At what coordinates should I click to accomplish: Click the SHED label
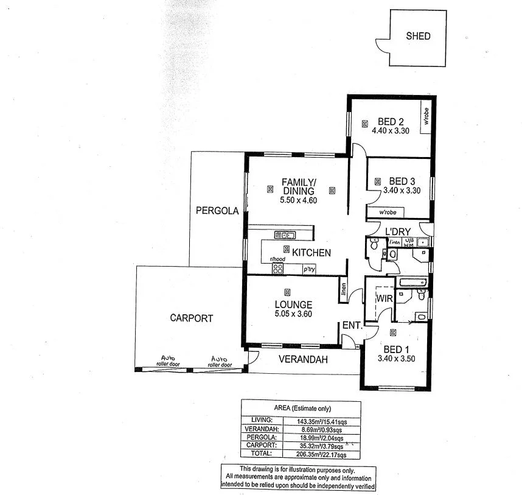point(418,36)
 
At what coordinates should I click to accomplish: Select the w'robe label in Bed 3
point(388,212)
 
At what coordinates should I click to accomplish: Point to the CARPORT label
point(191,318)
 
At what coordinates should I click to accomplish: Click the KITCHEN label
point(311,253)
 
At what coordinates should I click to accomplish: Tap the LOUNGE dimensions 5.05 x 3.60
point(293,315)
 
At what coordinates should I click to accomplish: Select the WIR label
point(384,299)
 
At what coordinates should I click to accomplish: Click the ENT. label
point(352,326)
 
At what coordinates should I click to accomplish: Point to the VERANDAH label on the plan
point(303,359)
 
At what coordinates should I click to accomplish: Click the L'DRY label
point(398,231)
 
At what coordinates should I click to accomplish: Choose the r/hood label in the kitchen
point(277,259)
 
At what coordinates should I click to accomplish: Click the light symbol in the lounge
point(287,292)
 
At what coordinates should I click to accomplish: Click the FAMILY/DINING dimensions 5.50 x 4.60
point(298,200)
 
